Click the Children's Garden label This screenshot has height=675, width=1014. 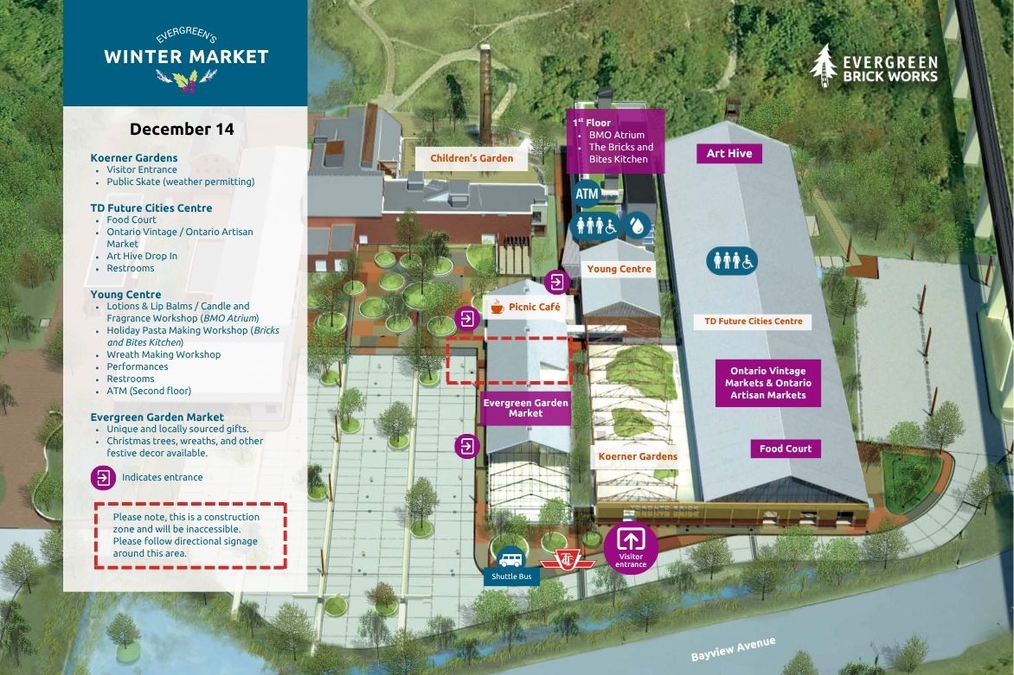click(x=472, y=158)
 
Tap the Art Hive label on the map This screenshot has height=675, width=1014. click(x=729, y=153)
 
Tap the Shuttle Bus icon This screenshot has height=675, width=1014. click(x=510, y=559)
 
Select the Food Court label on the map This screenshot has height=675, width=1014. click(x=786, y=449)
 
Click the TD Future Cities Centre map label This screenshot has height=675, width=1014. click(x=753, y=322)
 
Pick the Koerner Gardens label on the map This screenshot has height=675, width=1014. click(x=639, y=456)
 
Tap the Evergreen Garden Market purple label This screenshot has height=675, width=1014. click(x=525, y=408)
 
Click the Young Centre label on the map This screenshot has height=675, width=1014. click(x=619, y=269)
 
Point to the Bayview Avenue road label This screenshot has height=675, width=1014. click(x=733, y=649)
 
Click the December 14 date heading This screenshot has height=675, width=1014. click(x=182, y=129)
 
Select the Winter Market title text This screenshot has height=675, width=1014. click(x=186, y=57)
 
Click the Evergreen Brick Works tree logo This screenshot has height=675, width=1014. click(x=825, y=65)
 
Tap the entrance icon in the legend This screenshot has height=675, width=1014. click(x=103, y=477)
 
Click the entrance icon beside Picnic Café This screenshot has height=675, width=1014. click(x=467, y=319)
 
